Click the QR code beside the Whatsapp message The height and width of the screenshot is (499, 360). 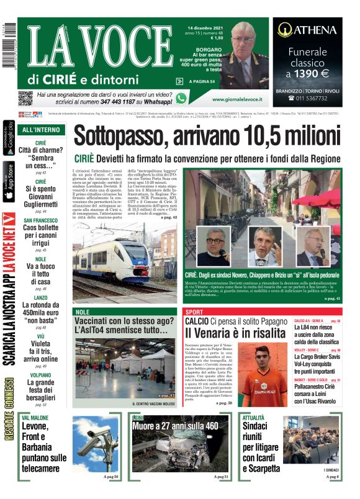25,98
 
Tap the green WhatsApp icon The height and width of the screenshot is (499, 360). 181,98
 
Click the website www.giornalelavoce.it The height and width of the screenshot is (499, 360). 236,99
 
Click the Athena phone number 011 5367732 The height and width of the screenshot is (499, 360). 312,98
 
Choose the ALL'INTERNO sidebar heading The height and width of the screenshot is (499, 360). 40,130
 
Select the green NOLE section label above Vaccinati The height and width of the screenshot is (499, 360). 81,312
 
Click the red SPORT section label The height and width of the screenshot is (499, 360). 194,312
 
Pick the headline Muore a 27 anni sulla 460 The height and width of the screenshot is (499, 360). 175,427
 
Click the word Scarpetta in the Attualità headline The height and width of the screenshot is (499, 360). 261,469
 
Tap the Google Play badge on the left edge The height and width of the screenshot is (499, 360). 8,137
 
